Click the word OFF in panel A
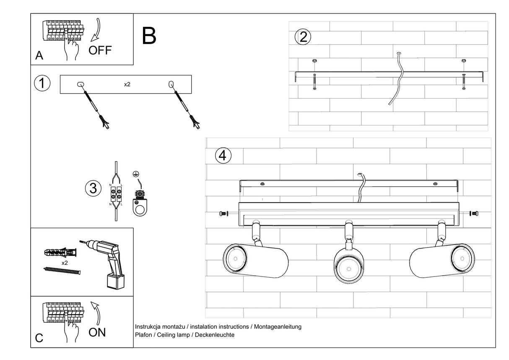pos(100,50)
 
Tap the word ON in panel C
pos(97,332)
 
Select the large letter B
pos(149,36)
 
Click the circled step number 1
pos(42,83)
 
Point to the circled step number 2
pos(303,37)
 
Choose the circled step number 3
pos(93,188)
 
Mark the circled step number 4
pos(223,156)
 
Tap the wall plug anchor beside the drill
pos(60,253)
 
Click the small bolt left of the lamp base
pos(223,214)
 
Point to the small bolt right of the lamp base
pos(474,214)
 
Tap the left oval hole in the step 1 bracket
pos(80,85)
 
